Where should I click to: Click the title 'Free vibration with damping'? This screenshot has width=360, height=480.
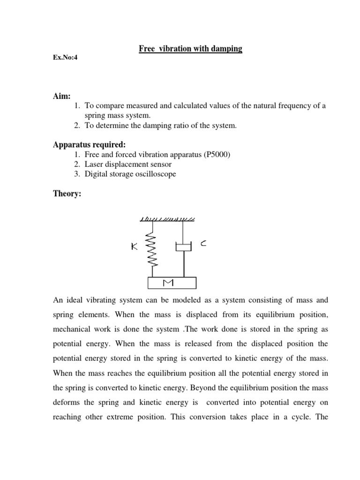(x=190, y=48)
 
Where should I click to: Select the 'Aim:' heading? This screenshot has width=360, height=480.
(x=61, y=96)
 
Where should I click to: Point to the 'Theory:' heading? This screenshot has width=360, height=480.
(x=67, y=194)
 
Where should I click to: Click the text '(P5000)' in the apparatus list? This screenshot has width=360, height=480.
(x=214, y=155)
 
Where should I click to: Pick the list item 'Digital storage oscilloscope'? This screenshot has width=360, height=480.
(x=131, y=174)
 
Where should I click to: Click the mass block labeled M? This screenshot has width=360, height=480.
(x=172, y=283)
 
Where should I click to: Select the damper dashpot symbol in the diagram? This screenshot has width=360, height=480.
(x=183, y=246)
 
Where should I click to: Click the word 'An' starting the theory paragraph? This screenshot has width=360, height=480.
(x=58, y=298)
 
